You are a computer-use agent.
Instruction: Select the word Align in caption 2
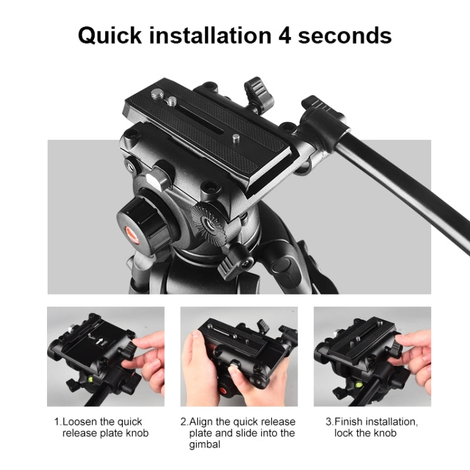202,422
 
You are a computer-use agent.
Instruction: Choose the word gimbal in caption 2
205,444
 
